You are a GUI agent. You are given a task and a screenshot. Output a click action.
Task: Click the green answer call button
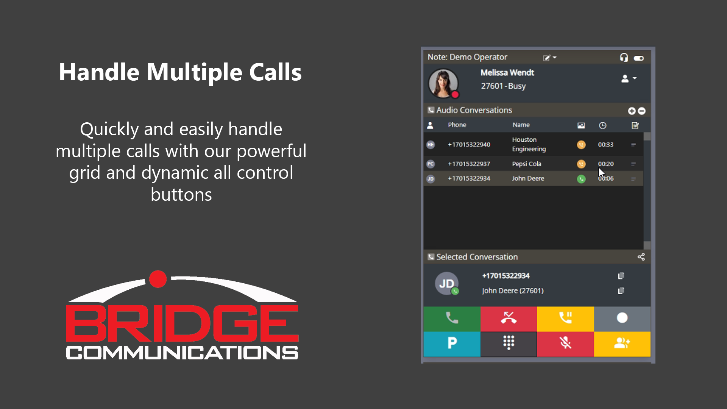tap(452, 318)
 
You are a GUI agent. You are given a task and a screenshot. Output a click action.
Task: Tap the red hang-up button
tap(509, 318)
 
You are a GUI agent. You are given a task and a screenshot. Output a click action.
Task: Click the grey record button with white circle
tap(622, 318)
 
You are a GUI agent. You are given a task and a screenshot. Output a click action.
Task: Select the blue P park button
tap(452, 343)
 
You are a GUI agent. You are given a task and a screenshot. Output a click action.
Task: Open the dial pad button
tap(509, 343)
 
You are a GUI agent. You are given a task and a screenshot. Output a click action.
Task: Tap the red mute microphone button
tap(565, 343)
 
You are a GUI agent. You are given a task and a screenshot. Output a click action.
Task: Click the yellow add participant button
tap(622, 343)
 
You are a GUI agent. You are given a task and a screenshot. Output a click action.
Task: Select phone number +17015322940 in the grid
tap(469, 145)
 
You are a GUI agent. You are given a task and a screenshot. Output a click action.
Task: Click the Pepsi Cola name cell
tap(527, 164)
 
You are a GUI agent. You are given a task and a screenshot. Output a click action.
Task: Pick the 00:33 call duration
tap(606, 145)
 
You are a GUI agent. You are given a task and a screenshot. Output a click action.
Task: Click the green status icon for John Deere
tap(581, 179)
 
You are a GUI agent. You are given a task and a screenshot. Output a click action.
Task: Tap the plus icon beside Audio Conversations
tap(632, 111)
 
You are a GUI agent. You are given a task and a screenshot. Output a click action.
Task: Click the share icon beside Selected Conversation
tap(641, 257)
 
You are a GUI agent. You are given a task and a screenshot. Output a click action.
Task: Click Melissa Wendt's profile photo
tap(443, 83)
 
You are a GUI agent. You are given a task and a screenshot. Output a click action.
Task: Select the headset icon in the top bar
tap(624, 57)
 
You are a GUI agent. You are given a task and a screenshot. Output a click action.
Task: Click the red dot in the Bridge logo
tap(158, 279)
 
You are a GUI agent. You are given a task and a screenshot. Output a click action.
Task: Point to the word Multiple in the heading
tap(194, 72)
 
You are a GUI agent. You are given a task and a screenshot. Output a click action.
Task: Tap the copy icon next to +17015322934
tap(621, 276)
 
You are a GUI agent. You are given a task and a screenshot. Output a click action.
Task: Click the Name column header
tap(521, 125)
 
